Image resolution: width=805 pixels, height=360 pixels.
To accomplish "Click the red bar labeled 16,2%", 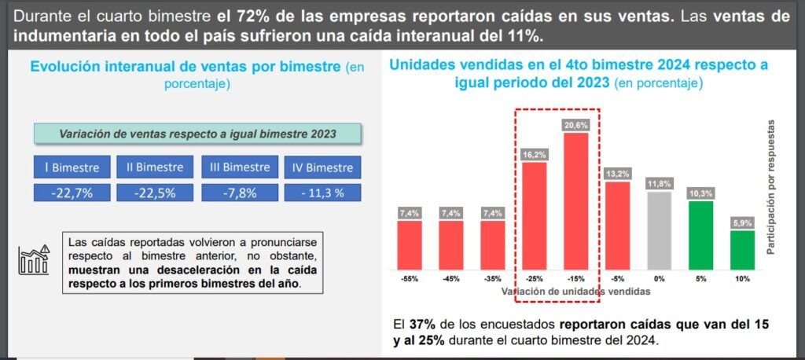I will tap(535, 214).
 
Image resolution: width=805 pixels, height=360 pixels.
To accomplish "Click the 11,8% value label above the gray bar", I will tap(659, 184).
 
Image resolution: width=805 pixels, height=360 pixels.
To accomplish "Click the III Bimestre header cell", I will tap(236, 167).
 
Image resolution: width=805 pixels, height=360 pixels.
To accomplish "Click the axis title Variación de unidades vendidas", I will tap(576, 291).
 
